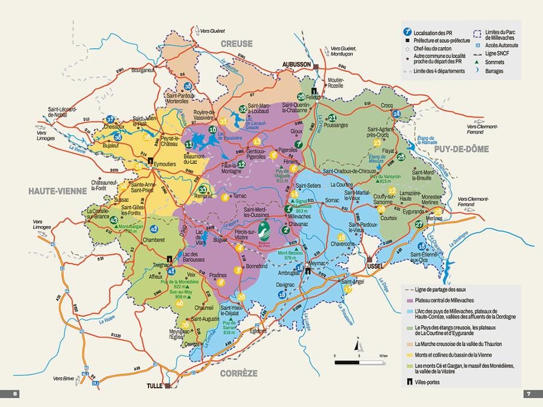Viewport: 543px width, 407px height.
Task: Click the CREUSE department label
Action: [237, 43]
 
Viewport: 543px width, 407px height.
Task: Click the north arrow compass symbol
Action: [358, 345]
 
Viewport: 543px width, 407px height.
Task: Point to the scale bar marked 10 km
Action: [358, 362]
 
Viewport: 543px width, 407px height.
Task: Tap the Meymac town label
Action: [317, 263]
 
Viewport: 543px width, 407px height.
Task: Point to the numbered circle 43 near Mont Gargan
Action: [114, 220]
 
